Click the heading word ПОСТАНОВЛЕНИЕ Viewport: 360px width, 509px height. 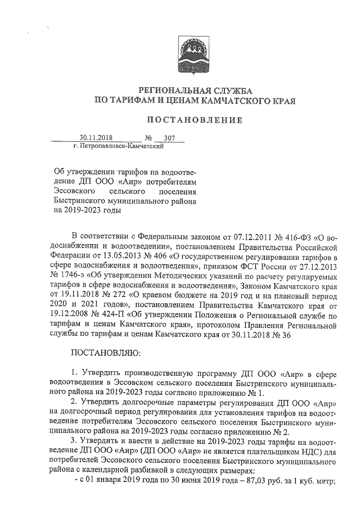[x=194, y=120]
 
